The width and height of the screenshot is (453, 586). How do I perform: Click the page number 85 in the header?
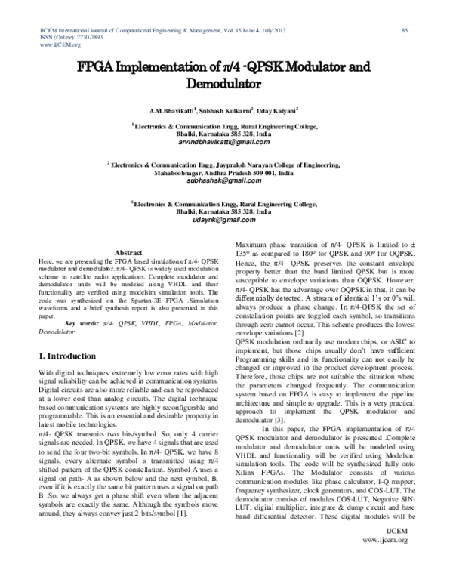pyautogui.click(x=405, y=30)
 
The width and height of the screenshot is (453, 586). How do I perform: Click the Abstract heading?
pyautogui.click(x=128, y=252)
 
